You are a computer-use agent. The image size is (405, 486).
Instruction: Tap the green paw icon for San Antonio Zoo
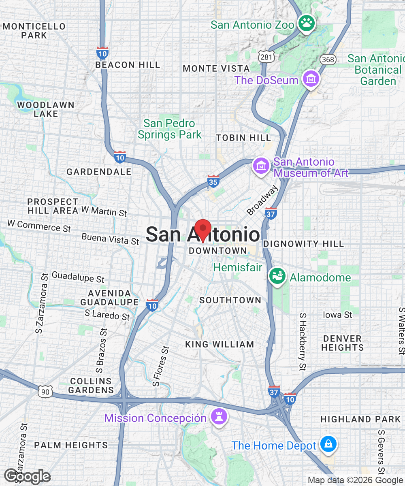306,24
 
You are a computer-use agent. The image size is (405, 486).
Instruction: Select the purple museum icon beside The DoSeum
311,79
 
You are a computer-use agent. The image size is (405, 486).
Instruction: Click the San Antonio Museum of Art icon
261,166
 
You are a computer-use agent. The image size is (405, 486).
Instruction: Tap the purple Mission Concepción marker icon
219,417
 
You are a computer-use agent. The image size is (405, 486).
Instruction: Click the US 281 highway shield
266,57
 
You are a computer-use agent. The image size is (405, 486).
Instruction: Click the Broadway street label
262,200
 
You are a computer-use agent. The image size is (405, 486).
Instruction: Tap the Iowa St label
337,315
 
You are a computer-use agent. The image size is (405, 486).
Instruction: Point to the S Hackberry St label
302,342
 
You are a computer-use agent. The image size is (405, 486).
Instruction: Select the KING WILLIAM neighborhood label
220,344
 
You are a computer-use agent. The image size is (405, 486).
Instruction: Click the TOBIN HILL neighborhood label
243,138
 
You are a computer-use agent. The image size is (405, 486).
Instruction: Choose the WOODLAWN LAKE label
46,109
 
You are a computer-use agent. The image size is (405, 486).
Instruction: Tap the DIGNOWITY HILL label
303,244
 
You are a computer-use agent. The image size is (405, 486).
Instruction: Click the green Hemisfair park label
238,268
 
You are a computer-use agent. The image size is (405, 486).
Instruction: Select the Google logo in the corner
27,476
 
